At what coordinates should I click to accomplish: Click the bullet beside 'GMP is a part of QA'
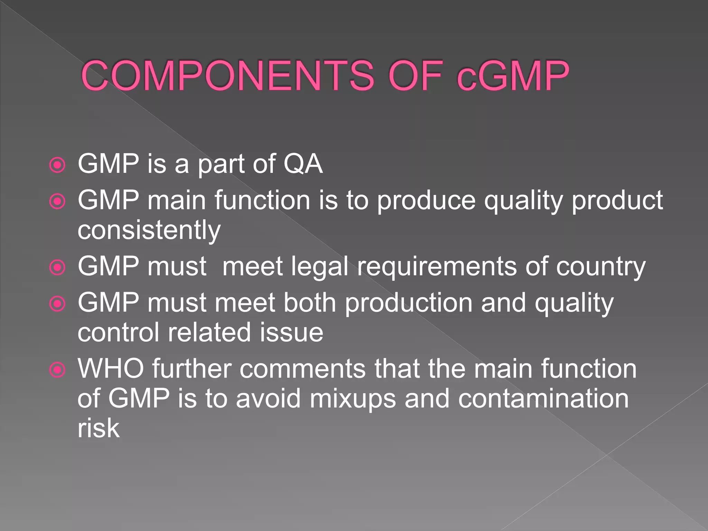click(x=57, y=165)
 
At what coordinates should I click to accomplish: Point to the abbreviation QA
click(x=303, y=164)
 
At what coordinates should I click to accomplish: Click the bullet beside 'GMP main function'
click(x=57, y=201)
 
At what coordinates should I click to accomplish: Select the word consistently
click(x=149, y=230)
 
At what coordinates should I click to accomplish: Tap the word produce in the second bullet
click(x=426, y=201)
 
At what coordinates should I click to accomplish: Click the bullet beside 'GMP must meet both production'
click(x=57, y=304)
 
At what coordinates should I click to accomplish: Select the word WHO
click(x=111, y=369)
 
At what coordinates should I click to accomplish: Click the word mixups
click(x=353, y=399)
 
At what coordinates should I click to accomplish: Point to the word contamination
click(x=543, y=399)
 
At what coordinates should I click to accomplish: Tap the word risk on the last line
click(x=99, y=428)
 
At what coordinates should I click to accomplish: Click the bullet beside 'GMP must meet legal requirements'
click(x=57, y=267)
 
